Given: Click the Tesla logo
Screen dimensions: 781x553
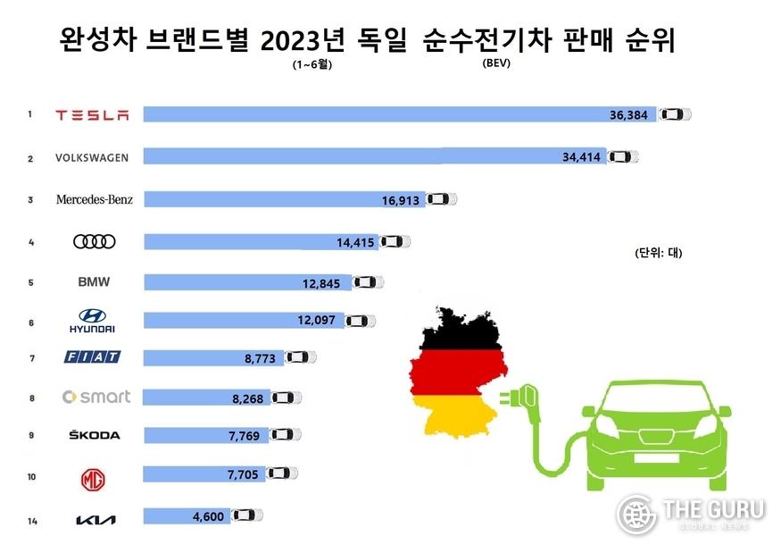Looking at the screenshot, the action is click(x=92, y=115).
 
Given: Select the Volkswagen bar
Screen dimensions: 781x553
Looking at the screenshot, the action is click(x=375, y=156).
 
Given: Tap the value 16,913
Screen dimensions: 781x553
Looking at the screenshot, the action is click(x=401, y=200).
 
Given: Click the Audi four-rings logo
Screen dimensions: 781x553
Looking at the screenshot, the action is click(x=94, y=242).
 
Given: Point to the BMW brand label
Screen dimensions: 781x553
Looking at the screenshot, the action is click(x=94, y=281).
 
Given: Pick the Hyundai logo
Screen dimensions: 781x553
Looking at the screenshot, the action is click(x=92, y=321).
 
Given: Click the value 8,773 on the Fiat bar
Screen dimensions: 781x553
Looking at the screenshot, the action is click(x=260, y=358).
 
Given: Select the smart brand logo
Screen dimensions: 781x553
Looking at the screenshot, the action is click(x=96, y=397).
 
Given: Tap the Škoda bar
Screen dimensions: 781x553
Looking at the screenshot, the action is click(x=206, y=435).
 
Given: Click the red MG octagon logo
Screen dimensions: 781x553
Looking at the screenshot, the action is click(x=93, y=480).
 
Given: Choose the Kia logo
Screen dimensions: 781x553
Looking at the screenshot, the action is click(x=96, y=520).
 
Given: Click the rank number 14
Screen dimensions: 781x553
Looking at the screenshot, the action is click(x=32, y=521).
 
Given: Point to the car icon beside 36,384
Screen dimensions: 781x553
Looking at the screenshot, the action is click(x=675, y=114).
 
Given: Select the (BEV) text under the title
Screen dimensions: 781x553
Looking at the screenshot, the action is click(x=496, y=63).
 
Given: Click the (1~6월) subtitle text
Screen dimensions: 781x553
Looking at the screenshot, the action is click(x=312, y=64).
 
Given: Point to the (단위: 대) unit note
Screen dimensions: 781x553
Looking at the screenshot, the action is click(x=658, y=253).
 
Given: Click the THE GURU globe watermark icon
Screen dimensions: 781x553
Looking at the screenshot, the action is click(x=636, y=514).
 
